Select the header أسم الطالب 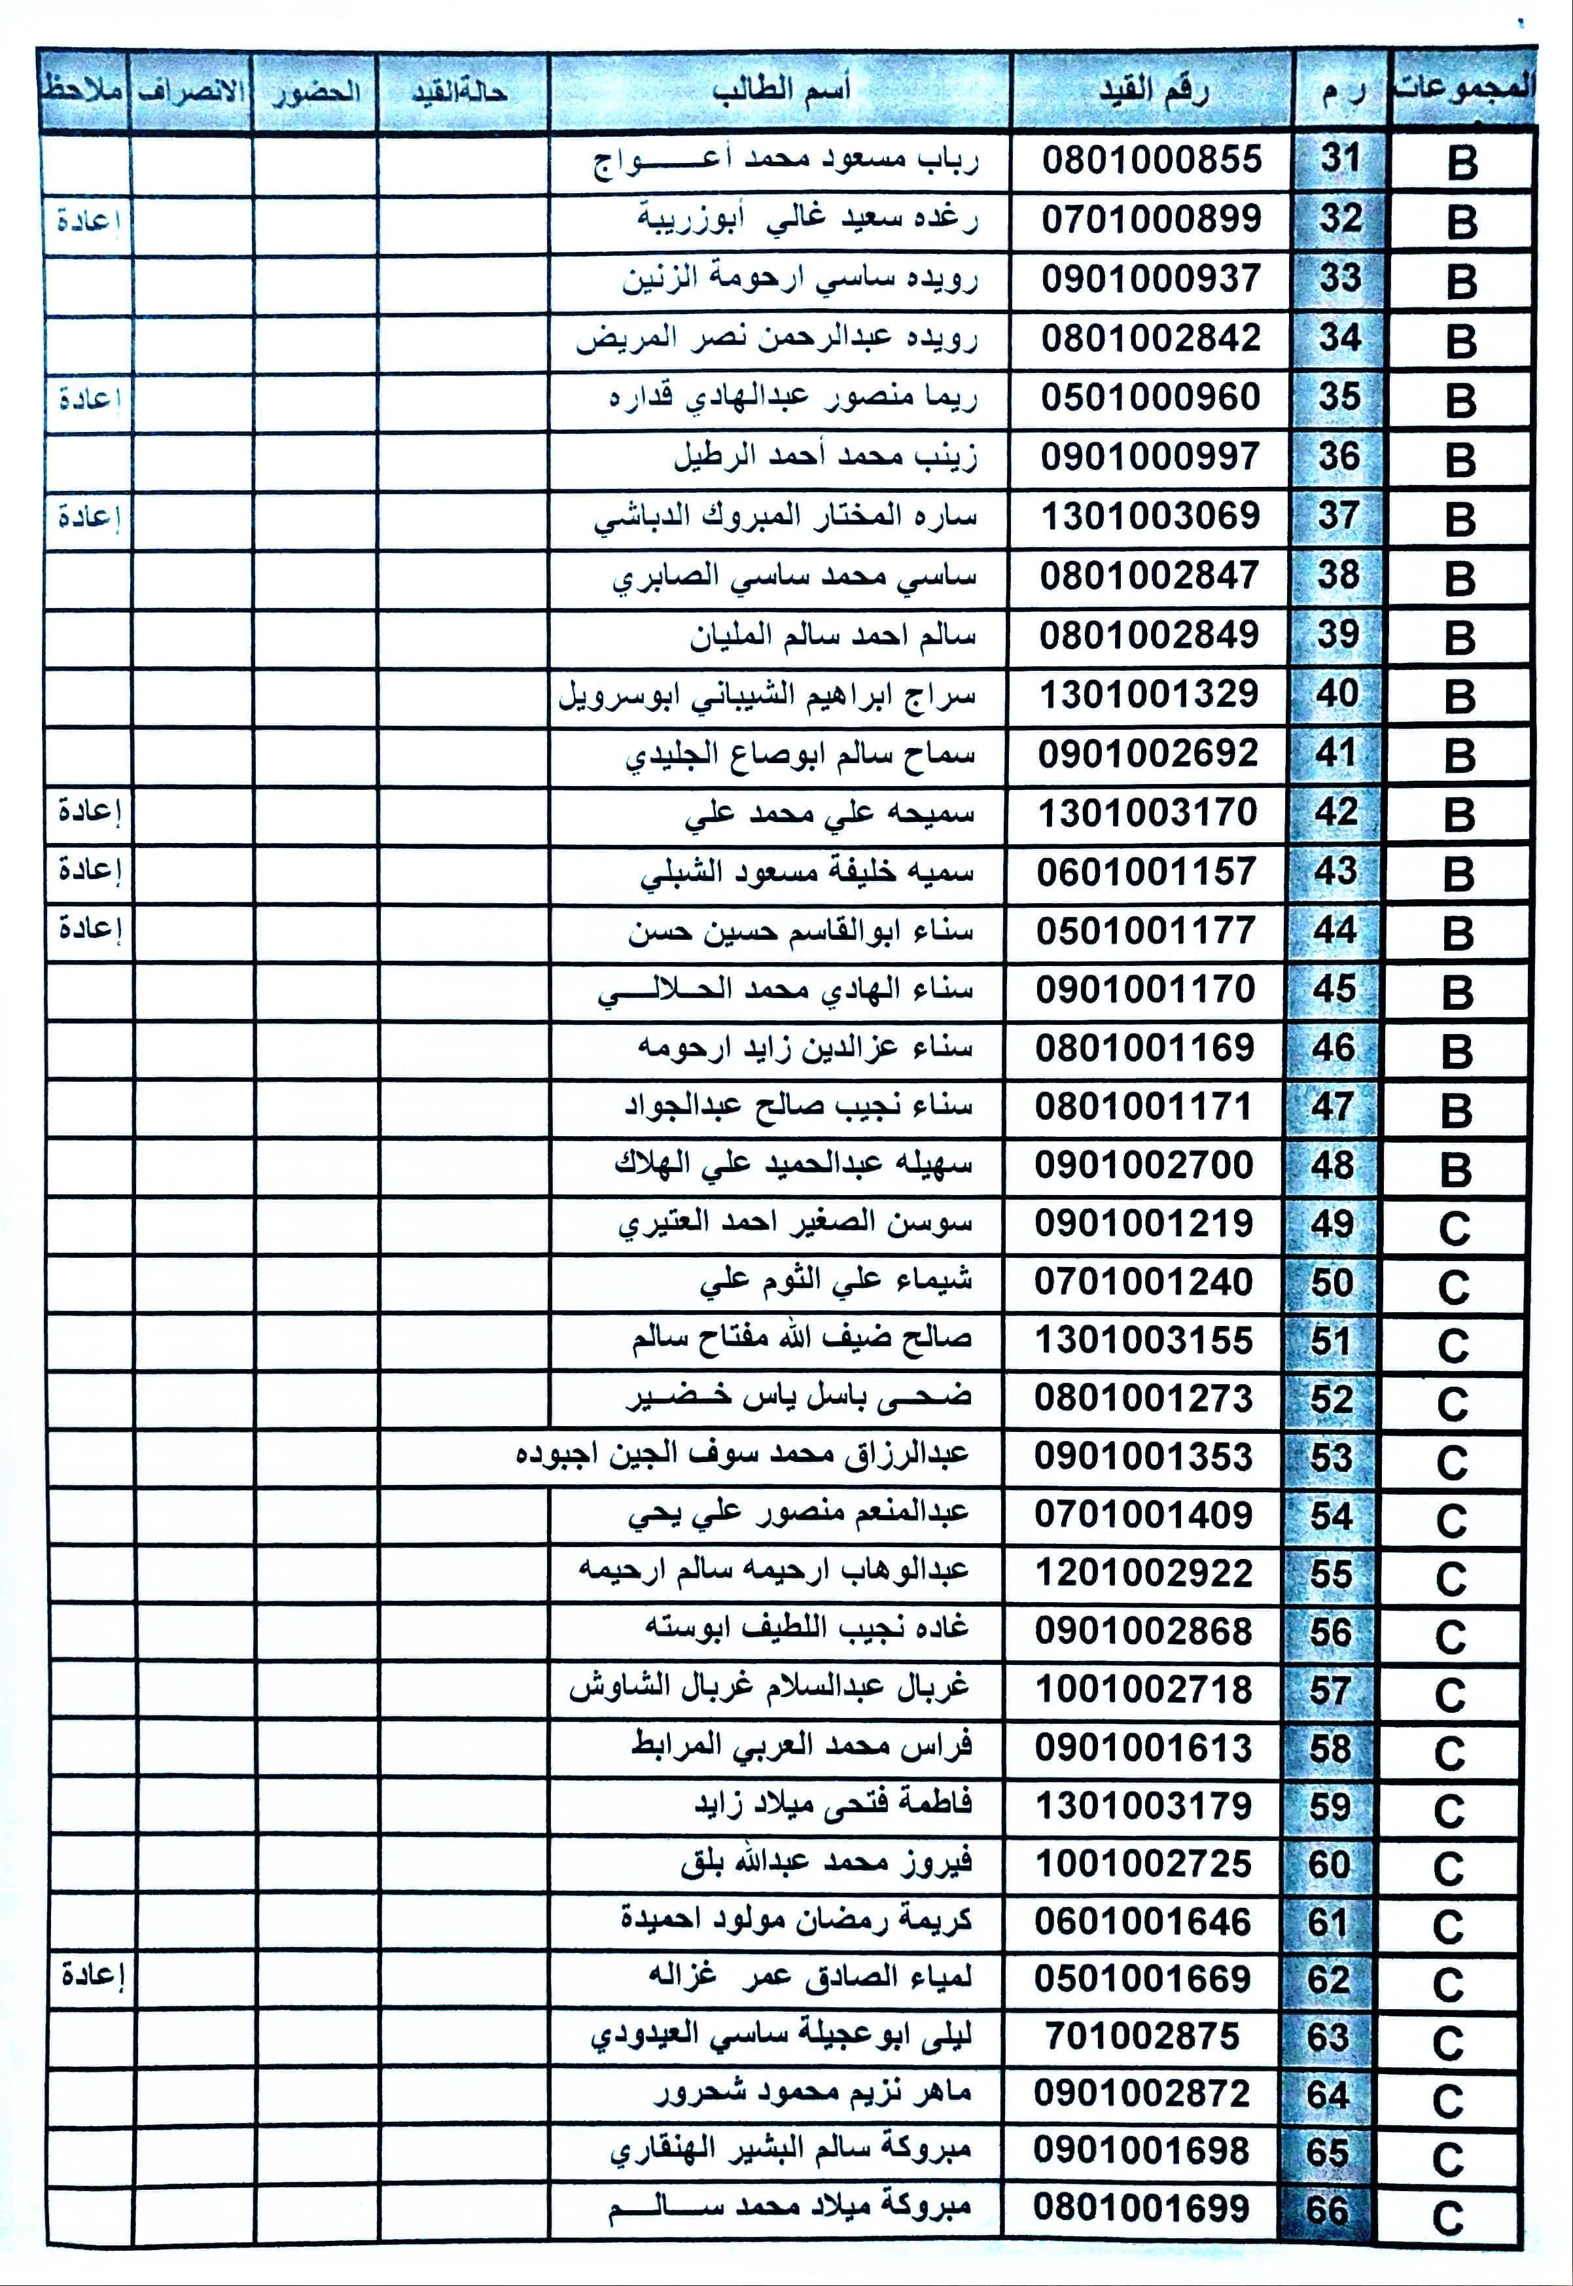(781, 92)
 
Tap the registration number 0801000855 (1151, 160)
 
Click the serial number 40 (1336, 694)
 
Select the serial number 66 (1326, 2210)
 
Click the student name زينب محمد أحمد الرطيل (825, 456)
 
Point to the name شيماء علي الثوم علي (836, 1281)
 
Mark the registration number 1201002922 (1143, 1572)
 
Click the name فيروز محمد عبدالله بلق (826, 1862)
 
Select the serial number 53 (1330, 1457)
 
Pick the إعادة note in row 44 (89, 929)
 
